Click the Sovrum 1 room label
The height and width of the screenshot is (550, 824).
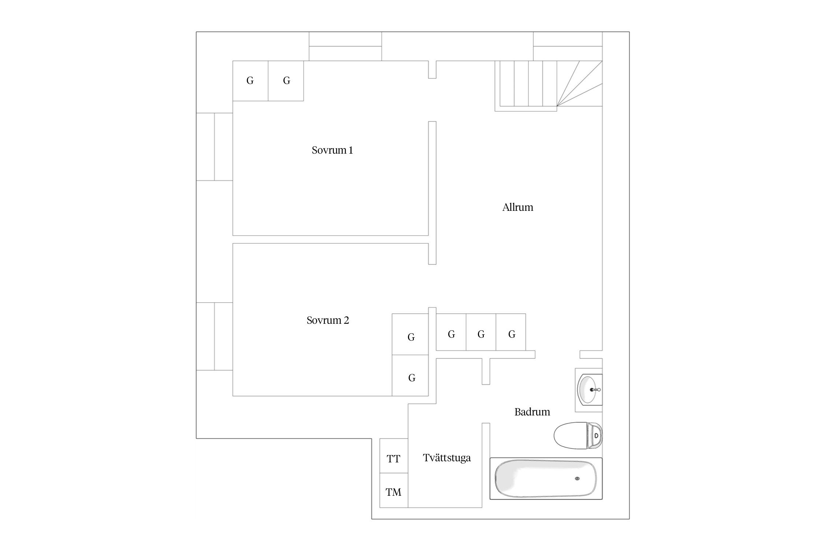(x=332, y=150)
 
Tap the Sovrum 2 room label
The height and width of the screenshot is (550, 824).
(x=328, y=320)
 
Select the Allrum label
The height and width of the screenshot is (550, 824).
(x=517, y=208)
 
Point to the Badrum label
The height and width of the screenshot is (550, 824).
(x=532, y=412)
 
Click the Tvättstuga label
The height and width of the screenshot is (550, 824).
(x=447, y=458)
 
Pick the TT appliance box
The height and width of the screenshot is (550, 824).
(x=394, y=456)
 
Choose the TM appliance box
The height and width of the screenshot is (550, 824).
(x=394, y=490)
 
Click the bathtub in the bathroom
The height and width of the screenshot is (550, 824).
(x=546, y=478)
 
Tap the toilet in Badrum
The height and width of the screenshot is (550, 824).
(x=578, y=436)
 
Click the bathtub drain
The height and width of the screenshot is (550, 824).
(x=578, y=478)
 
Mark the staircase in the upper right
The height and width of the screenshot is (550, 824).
(x=549, y=86)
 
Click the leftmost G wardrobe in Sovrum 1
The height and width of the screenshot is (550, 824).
(x=250, y=81)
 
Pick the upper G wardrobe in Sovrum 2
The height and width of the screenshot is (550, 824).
(x=410, y=334)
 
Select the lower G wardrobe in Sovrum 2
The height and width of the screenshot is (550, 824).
(x=410, y=375)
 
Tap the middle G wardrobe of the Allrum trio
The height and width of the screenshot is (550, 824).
(x=481, y=332)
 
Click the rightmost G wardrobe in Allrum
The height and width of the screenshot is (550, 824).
(x=511, y=332)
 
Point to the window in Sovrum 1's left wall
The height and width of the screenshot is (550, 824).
(x=215, y=147)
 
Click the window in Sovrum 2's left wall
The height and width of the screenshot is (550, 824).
(x=215, y=336)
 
